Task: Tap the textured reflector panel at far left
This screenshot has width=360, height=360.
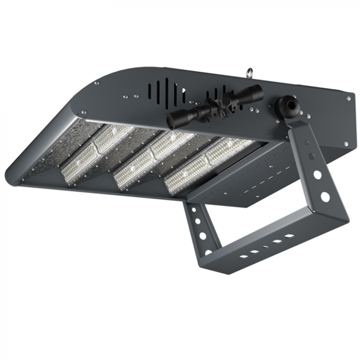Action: pos(49,148)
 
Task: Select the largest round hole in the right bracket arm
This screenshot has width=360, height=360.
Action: pos(324,196)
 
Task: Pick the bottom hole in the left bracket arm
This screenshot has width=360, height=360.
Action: pos(208,252)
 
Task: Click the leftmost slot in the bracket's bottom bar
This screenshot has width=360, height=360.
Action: pos(243,256)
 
